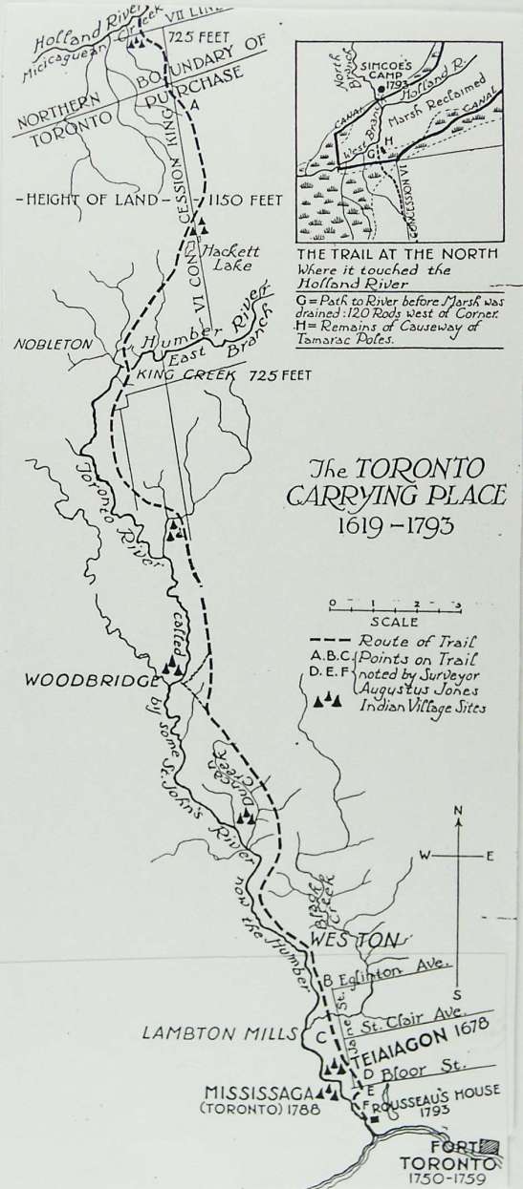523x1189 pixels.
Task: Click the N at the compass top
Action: tap(459, 812)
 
